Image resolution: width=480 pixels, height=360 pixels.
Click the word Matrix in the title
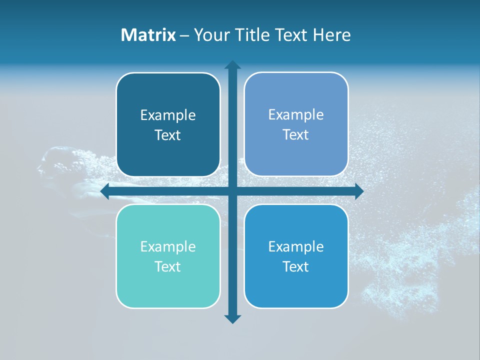(148, 35)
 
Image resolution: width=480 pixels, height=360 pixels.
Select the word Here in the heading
(332, 35)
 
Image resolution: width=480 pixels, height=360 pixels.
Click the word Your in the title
(210, 35)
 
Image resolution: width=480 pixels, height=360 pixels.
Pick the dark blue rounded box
(168, 124)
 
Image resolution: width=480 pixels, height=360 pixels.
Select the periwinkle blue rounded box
(296, 124)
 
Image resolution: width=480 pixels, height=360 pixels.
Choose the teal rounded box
(168, 256)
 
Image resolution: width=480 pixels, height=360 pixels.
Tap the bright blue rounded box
(296, 256)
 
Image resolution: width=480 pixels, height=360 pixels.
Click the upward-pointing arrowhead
(232, 64)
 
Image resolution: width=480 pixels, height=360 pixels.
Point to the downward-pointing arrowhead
(232, 318)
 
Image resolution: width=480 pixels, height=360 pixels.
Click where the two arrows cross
(232, 191)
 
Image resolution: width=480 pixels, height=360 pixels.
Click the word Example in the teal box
(168, 246)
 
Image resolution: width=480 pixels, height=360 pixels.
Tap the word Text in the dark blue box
(168, 135)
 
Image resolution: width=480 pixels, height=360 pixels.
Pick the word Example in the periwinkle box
(296, 114)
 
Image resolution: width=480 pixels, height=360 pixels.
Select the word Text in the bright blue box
(296, 266)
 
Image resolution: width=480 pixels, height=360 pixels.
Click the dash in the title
(184, 35)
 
